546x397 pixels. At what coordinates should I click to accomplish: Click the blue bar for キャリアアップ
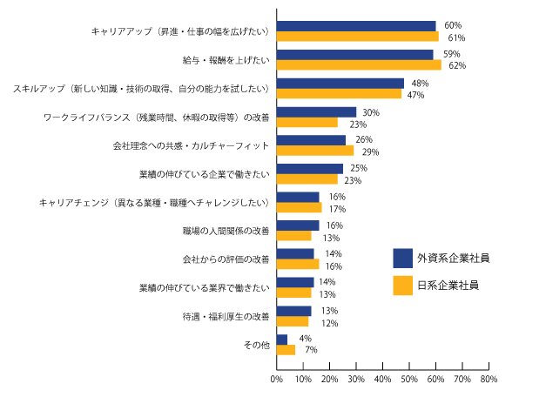[355, 26]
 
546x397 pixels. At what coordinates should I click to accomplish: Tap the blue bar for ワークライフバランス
[316, 112]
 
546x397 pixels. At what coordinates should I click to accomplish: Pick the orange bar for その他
[286, 349]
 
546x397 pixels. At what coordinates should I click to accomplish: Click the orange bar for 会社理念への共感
[314, 151]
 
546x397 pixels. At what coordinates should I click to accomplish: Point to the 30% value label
[370, 112]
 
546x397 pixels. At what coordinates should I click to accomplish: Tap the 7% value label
[309, 350]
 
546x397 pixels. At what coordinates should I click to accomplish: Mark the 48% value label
[419, 84]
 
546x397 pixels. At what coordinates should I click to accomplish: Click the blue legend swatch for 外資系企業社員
[402, 258]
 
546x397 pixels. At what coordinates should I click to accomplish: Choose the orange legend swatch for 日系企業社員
[402, 285]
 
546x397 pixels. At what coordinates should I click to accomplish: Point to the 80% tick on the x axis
[488, 380]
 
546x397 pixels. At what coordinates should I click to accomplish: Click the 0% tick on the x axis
[276, 380]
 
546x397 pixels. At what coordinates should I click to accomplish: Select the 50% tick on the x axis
[408, 380]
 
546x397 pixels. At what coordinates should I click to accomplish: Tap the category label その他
[259, 345]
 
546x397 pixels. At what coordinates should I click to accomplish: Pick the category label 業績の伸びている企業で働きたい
[205, 174]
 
